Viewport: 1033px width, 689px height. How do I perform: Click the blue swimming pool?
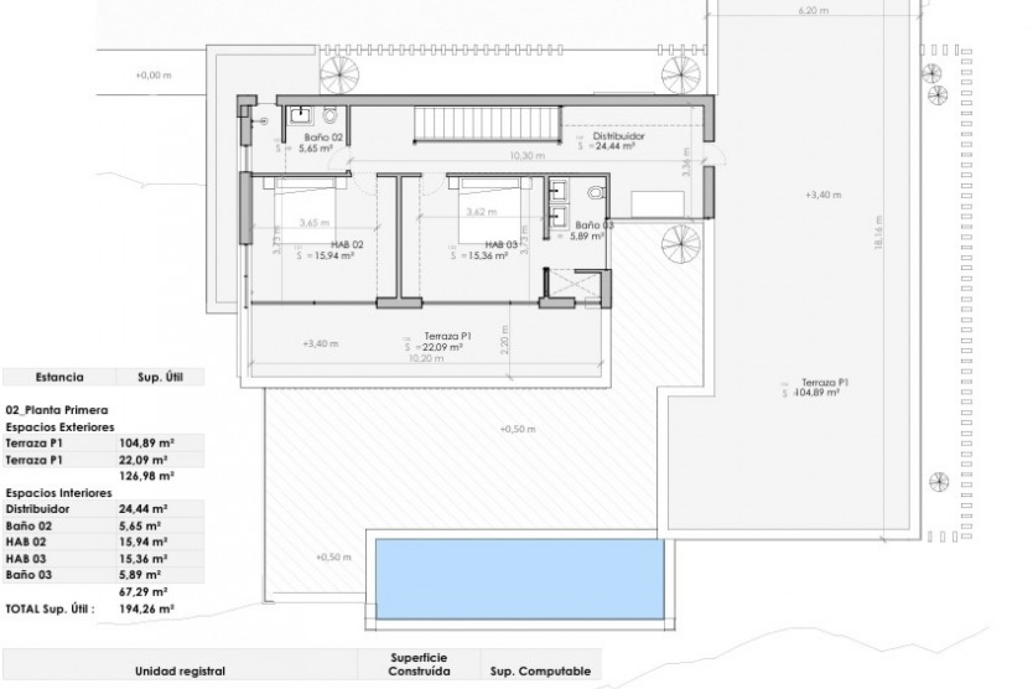click(519, 579)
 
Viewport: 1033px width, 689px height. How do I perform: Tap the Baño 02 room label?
click(323, 137)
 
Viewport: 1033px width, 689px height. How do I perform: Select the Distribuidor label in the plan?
click(618, 136)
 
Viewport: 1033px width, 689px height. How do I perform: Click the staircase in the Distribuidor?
click(487, 124)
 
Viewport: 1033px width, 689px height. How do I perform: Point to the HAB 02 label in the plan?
click(348, 244)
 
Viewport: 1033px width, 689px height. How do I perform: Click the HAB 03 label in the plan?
click(501, 244)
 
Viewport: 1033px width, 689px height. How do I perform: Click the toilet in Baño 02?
click(329, 115)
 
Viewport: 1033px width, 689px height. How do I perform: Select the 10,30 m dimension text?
click(527, 156)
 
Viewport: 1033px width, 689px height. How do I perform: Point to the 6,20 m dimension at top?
click(813, 10)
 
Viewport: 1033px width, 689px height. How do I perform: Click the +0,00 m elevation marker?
click(153, 75)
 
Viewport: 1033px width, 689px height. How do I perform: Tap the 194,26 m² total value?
click(146, 609)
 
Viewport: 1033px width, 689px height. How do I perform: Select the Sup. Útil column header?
click(160, 377)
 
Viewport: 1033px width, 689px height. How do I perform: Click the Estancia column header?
click(59, 377)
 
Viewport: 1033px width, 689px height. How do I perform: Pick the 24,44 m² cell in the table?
click(143, 509)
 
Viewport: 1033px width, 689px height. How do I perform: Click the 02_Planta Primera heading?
click(56, 410)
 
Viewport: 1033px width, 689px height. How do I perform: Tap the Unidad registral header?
click(180, 671)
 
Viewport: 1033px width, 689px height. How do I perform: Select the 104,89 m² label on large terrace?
click(817, 393)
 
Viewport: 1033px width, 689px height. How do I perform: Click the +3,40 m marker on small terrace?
click(320, 343)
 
